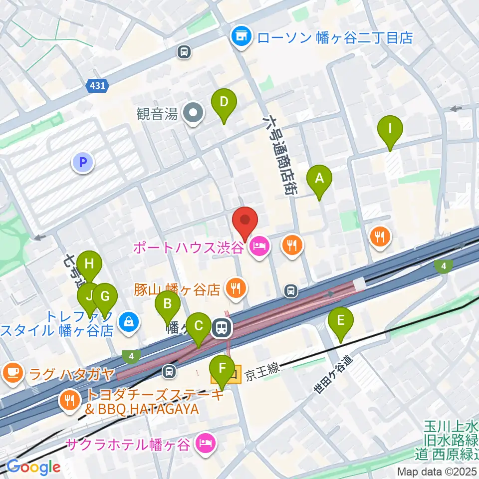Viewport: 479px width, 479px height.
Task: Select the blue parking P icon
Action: pyautogui.click(x=83, y=163)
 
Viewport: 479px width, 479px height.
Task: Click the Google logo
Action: pyautogui.click(x=33, y=467)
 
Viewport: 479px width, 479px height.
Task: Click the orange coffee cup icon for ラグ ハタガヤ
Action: pyautogui.click(x=12, y=373)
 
